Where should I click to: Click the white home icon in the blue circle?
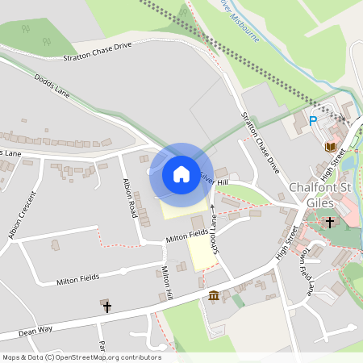click(x=181, y=173)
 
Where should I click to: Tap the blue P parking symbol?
click(x=313, y=121)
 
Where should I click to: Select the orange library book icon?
click(x=330, y=146)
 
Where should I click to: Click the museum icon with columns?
click(x=214, y=295)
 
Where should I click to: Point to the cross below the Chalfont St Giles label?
click(x=330, y=221)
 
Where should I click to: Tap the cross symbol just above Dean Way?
click(x=106, y=307)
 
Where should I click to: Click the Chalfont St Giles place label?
click(x=325, y=194)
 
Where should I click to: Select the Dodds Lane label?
click(x=52, y=87)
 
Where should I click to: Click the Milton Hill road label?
click(x=168, y=283)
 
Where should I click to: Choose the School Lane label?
click(x=215, y=233)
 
